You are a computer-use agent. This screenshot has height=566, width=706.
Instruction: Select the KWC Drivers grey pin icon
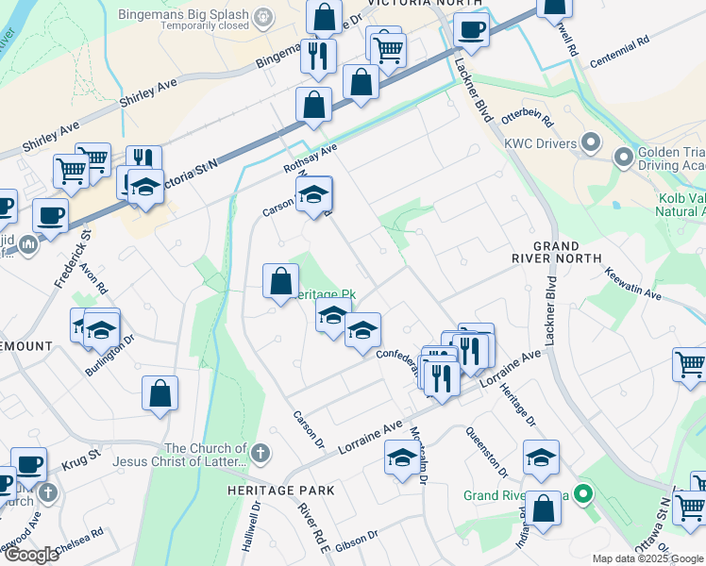point(592,143)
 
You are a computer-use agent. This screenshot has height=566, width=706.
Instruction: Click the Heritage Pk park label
point(327,295)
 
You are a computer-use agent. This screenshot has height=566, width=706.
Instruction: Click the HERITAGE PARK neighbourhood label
point(280,491)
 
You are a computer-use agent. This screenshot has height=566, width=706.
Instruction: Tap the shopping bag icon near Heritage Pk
point(280,280)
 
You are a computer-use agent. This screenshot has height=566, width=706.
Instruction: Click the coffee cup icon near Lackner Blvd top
point(471,27)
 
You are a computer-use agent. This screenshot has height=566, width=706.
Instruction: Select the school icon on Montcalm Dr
point(402,460)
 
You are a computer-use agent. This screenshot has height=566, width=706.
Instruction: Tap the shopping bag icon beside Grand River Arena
point(544,508)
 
